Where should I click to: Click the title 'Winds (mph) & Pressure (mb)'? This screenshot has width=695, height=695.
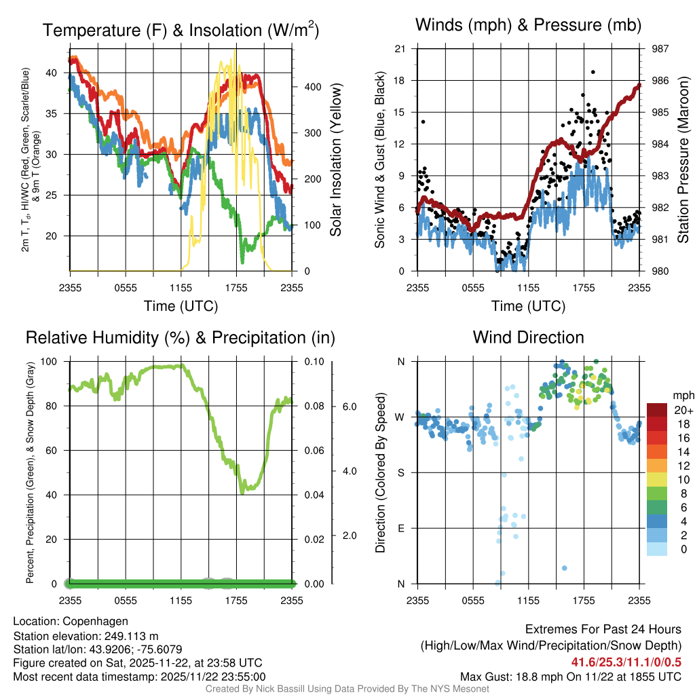528,26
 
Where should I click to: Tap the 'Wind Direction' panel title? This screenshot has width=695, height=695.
528,337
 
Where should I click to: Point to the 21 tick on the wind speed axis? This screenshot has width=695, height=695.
400,48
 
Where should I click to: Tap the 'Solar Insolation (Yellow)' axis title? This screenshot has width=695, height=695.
335,160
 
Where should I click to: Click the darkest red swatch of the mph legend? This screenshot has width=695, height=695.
657,410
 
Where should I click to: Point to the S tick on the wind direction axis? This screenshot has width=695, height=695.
400,472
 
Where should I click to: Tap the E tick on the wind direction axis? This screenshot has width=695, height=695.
400,528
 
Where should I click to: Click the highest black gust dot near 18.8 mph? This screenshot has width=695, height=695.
593,71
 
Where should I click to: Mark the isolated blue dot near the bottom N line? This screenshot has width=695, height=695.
565,568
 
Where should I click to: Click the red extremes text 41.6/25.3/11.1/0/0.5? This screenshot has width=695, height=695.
626,662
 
